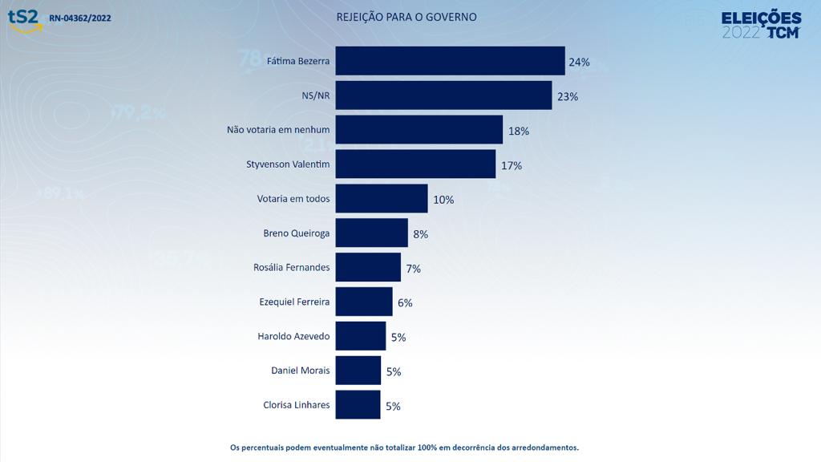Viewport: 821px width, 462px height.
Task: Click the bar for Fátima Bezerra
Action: [450, 61]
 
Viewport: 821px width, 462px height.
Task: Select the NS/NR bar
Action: [443, 95]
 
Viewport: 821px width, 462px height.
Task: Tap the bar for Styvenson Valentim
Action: [415, 164]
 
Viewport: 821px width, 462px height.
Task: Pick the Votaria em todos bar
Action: [382, 199]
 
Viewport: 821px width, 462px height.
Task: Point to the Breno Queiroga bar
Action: [371, 233]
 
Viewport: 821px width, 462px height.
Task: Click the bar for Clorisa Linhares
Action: [358, 405]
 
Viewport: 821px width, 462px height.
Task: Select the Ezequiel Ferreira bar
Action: [364, 302]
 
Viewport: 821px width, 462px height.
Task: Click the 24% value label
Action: [579, 62]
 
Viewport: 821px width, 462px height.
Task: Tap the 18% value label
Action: [519, 131]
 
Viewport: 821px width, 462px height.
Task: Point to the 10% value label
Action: [443, 200]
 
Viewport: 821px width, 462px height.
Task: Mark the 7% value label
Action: [414, 269]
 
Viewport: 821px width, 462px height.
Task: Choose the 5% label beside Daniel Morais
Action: [393, 372]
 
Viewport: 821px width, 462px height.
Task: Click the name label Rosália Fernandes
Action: [291, 267]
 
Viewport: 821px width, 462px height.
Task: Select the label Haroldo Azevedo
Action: [293, 336]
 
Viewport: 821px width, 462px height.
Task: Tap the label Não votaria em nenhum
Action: [278, 129]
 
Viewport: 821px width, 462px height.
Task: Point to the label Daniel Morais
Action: [301, 371]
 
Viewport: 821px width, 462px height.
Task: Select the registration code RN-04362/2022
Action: [80, 18]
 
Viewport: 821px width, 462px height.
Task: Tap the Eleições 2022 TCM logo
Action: [761, 25]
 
